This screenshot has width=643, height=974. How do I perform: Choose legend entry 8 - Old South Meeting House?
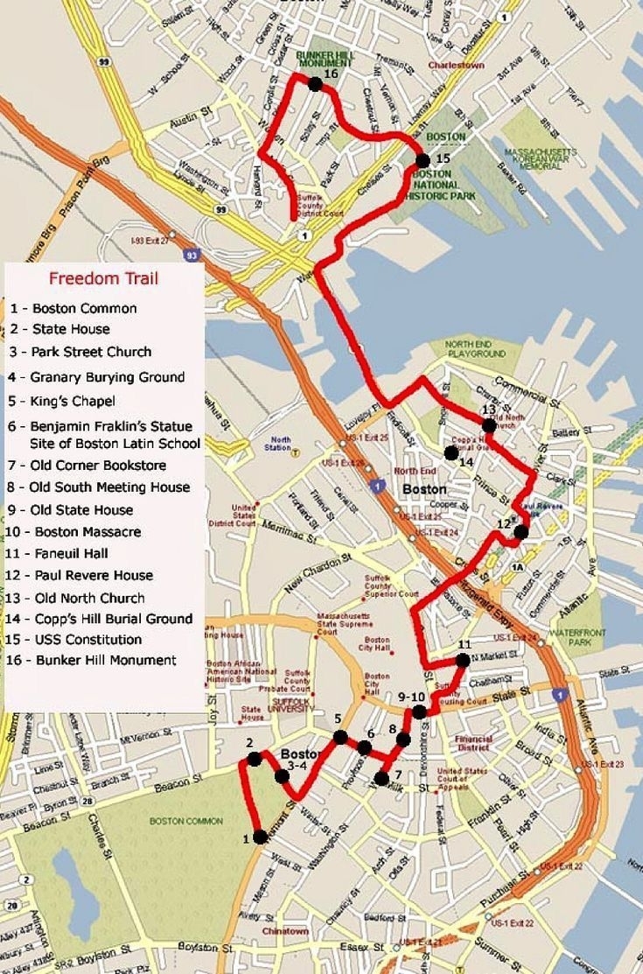pos(101,487)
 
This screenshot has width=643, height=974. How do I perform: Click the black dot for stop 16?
pos(314,83)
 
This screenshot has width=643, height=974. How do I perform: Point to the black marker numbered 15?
pos(423,160)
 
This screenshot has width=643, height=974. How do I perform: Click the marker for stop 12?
pos(521,531)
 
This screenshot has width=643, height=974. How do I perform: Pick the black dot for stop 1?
pos(260,837)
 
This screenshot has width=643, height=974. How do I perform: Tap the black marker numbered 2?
pos(255,759)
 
